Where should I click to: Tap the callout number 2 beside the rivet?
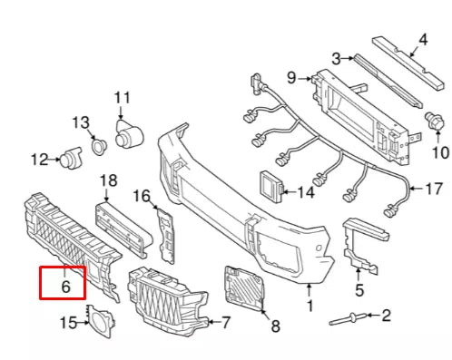point(385,316)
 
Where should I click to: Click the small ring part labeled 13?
point(97,143)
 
